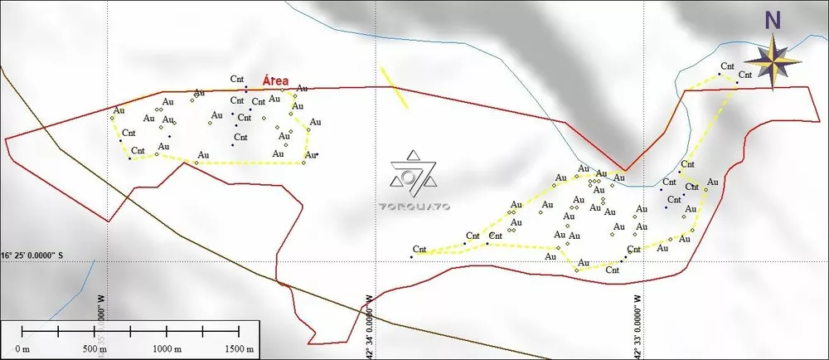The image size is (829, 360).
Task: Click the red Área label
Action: [x=276, y=80]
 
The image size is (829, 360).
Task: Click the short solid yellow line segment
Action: [x=395, y=88]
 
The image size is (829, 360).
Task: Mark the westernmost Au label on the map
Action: [x=119, y=109]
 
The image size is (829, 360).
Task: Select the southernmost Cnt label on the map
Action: [x=613, y=269]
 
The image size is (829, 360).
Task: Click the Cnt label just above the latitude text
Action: [x=419, y=249]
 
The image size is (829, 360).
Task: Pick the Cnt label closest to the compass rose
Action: [x=745, y=74]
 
